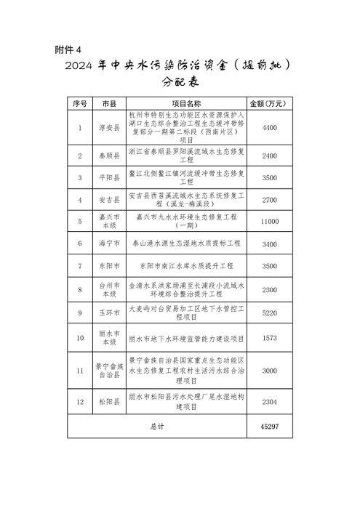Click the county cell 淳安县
[108, 127]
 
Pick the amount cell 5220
[270, 313]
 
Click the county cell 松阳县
[108, 402]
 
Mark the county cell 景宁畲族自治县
[108, 371]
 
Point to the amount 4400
[270, 127]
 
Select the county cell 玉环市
[108, 313]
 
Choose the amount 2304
[270, 402]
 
